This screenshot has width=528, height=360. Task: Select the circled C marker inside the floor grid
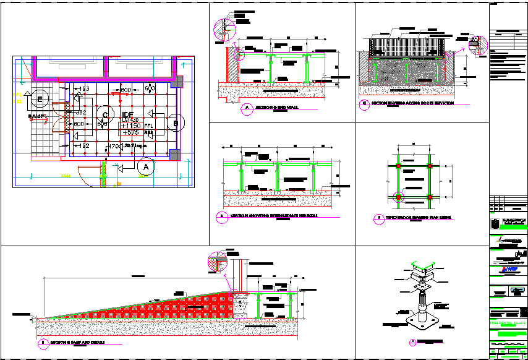coord(106,114)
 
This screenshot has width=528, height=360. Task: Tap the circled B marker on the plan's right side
coord(176,123)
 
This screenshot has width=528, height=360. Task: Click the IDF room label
coord(128,115)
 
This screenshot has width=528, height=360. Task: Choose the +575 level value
coord(130,132)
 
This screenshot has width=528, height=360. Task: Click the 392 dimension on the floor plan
coord(80,113)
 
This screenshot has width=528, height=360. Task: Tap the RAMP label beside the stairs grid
coord(36,116)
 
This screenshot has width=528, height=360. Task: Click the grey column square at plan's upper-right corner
coord(178,82)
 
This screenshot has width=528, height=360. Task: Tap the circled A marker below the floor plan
coord(146,167)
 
